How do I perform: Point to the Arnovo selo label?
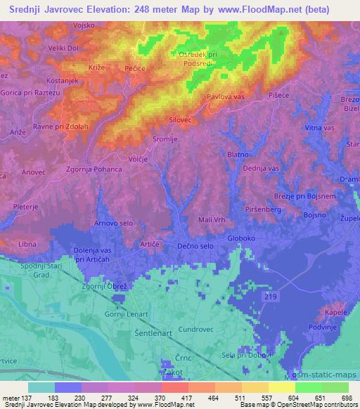tap(113, 223)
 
